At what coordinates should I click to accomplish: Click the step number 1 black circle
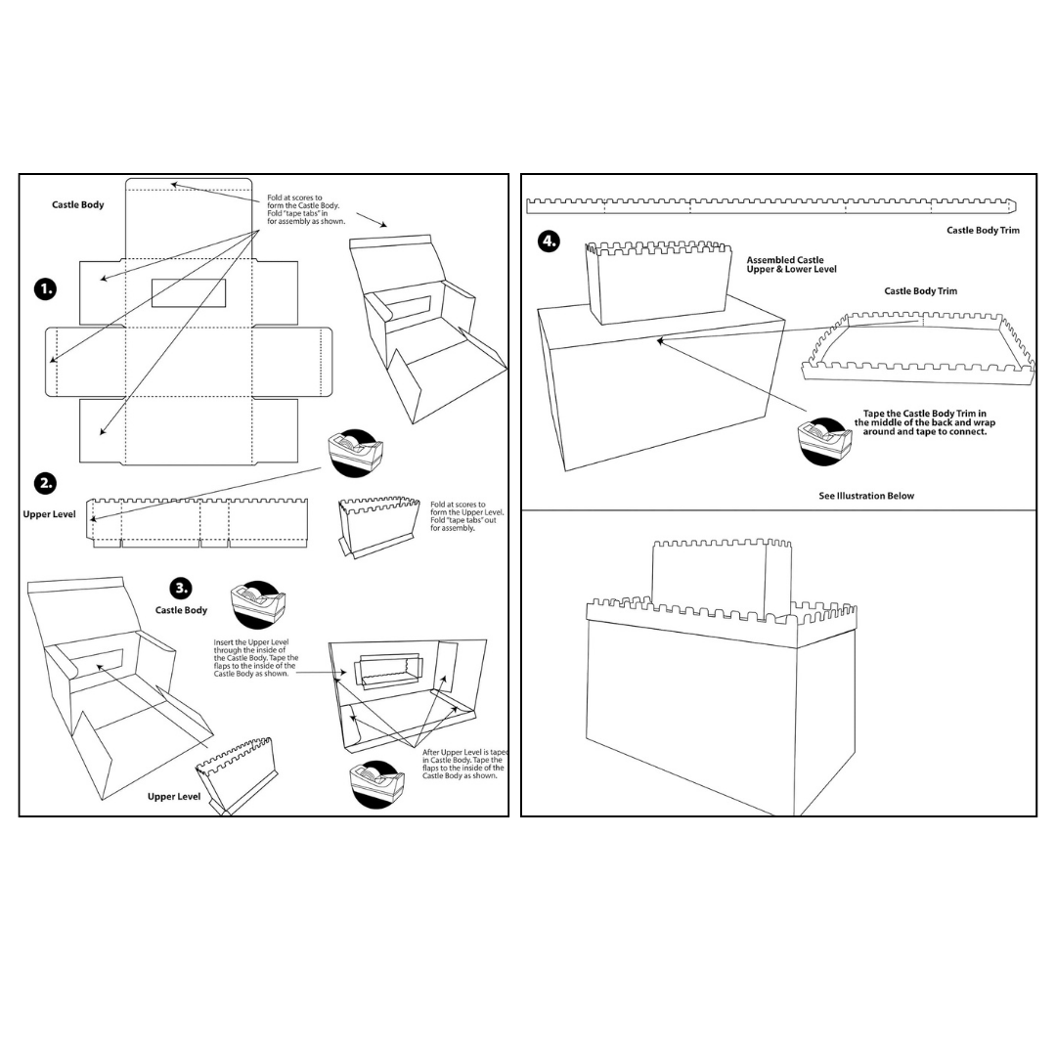point(45,288)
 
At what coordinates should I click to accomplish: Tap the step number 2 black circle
point(45,483)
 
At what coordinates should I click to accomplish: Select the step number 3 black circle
point(181,588)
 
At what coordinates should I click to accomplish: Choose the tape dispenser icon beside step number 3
point(257,605)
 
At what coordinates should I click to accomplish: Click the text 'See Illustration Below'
point(865,496)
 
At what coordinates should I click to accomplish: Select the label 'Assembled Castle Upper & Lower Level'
point(791,265)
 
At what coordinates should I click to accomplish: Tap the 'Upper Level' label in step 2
point(50,514)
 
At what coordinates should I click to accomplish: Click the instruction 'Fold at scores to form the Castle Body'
point(306,209)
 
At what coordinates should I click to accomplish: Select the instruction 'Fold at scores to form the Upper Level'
point(467,515)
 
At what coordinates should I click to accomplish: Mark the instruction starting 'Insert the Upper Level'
point(256,658)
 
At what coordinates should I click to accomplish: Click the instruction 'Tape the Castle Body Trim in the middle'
point(924,422)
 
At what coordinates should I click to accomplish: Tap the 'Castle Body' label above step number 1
point(77,205)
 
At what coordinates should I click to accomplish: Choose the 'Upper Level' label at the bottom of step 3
point(174,797)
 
